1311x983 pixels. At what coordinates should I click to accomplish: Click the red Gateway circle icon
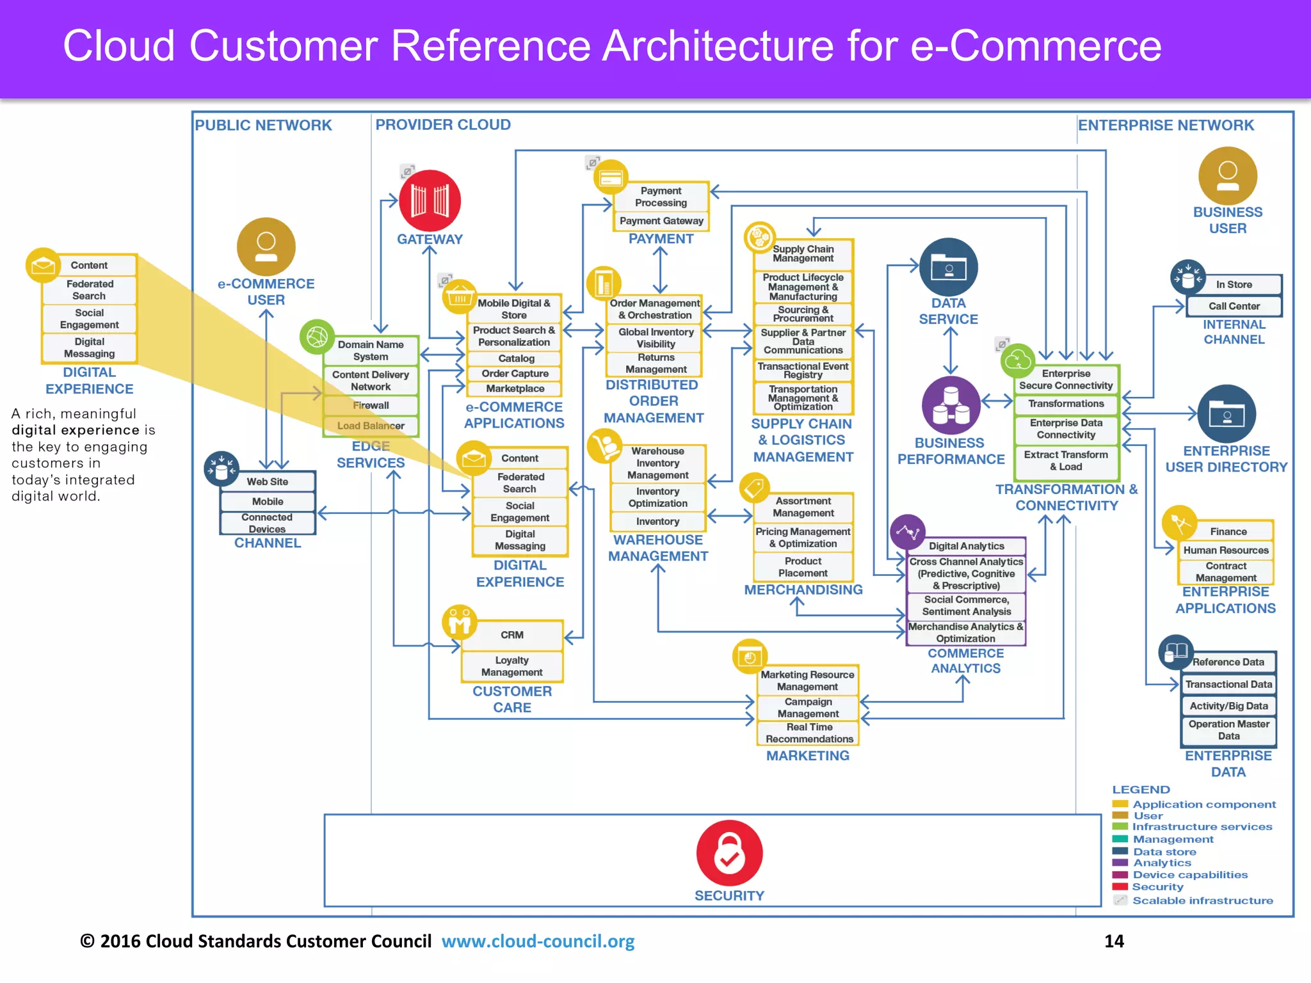tap(430, 200)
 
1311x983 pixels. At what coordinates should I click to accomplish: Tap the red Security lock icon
tap(729, 853)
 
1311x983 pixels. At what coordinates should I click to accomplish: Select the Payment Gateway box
tap(661, 221)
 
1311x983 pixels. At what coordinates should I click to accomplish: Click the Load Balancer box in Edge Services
tap(371, 426)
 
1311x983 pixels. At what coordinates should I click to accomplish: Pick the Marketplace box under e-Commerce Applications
tap(515, 388)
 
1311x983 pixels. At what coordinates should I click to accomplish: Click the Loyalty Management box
tap(512, 666)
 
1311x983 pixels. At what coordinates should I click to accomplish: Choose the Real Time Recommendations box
tap(808, 733)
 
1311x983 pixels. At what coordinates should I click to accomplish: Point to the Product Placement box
tap(803, 567)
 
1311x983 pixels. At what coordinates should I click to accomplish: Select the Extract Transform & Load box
tap(1066, 461)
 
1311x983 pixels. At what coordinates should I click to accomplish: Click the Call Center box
tap(1234, 307)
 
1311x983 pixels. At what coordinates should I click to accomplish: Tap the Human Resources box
tap(1225, 550)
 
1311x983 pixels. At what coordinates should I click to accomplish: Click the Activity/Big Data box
tap(1228, 706)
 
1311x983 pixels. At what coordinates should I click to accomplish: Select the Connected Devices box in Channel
tap(267, 523)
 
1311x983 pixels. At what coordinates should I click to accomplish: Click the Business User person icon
tap(1227, 176)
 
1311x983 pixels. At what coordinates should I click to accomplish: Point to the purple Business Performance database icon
tap(951, 406)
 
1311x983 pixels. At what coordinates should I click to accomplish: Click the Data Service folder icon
tap(948, 267)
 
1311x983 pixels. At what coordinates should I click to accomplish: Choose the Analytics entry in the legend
tap(1162, 863)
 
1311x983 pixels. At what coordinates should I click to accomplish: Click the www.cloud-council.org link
tap(538, 941)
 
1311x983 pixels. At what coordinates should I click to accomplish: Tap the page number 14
tap(1114, 941)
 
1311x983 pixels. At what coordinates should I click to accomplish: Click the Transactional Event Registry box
tap(803, 371)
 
